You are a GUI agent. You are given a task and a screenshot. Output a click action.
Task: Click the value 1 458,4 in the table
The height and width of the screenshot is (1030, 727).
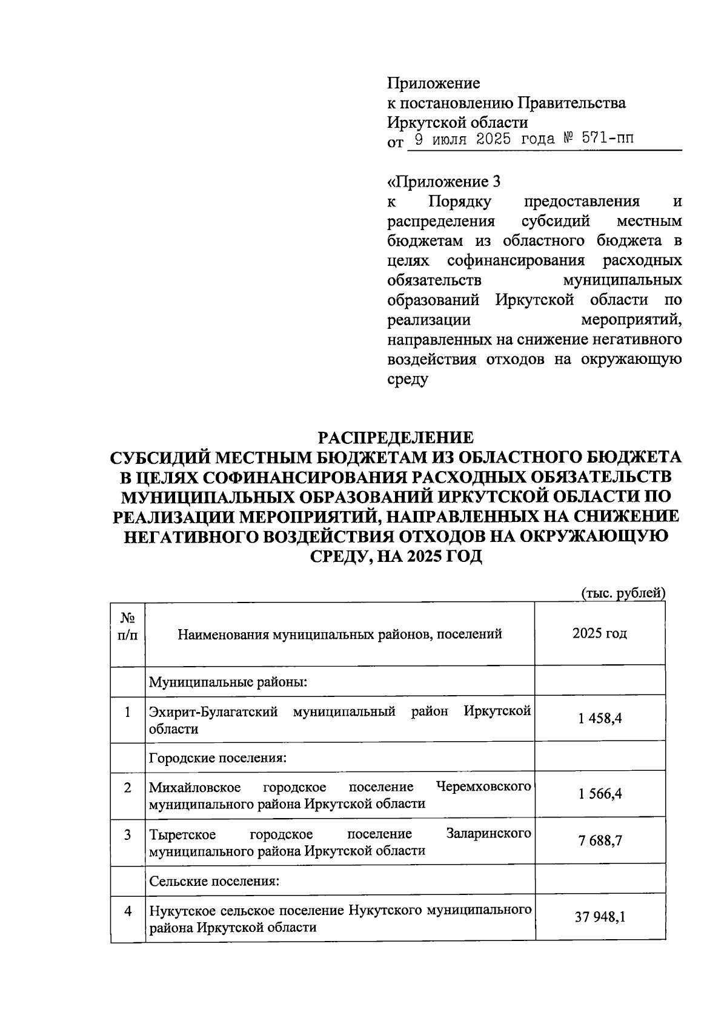600,719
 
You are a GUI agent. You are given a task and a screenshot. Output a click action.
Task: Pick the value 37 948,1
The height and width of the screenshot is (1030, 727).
600,917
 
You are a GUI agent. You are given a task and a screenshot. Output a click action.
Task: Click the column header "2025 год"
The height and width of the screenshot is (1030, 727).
599,633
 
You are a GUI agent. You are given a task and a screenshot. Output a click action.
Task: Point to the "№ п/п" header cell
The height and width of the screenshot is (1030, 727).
128,627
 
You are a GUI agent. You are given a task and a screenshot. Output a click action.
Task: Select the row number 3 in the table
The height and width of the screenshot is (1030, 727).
128,834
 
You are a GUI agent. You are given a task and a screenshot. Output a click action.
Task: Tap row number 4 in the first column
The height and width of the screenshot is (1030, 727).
128,910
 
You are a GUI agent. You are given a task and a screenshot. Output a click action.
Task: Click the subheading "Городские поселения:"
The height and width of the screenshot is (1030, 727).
217,758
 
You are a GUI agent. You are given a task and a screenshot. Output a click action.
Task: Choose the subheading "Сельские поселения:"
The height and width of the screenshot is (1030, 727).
214,881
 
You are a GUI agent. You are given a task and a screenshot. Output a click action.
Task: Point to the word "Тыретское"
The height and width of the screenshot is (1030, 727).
182,834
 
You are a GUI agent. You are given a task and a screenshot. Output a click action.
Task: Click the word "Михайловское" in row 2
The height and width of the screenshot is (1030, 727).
194,787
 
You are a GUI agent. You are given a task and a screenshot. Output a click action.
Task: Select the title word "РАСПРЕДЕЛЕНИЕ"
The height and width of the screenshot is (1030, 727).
396,437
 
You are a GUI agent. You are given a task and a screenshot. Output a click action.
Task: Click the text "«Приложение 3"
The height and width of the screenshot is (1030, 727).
444,182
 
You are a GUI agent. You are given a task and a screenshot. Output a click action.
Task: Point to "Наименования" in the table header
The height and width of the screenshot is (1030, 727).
223,634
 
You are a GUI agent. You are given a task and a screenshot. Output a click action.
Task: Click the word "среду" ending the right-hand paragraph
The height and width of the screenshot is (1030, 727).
407,380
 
